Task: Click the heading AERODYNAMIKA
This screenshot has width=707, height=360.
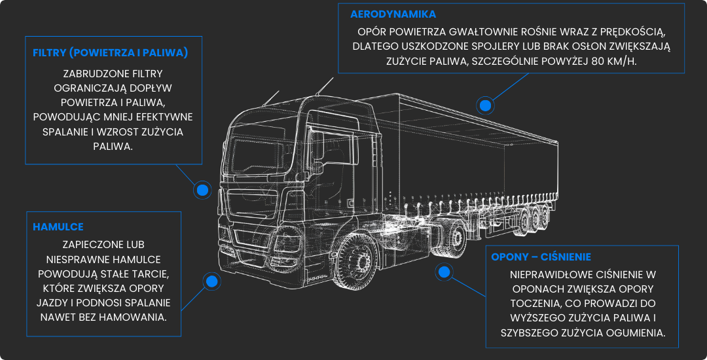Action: pyautogui.click(x=393, y=14)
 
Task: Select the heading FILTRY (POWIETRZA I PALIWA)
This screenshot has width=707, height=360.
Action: pyautogui.click(x=110, y=52)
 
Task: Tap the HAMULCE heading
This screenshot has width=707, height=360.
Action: pyautogui.click(x=58, y=227)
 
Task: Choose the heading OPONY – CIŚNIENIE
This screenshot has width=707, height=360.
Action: pyautogui.click(x=541, y=257)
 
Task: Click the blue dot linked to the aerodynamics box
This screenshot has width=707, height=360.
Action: pyautogui.click(x=485, y=105)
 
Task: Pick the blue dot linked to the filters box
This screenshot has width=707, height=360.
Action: pyautogui.click(x=202, y=190)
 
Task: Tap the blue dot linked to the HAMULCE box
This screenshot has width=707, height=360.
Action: pyautogui.click(x=211, y=281)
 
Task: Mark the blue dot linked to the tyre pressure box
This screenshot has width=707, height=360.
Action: pyautogui.click(x=444, y=272)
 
